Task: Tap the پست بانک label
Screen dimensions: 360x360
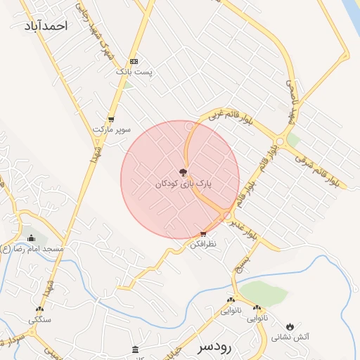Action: (x=134, y=72)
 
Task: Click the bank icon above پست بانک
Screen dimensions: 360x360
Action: (x=134, y=61)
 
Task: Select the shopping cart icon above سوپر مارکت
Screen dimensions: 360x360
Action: (x=111, y=119)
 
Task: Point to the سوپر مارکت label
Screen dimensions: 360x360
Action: (x=112, y=129)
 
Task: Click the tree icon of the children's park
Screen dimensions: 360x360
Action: (x=183, y=172)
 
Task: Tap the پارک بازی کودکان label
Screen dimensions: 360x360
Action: (x=184, y=184)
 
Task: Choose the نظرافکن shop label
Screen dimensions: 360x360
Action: (x=204, y=244)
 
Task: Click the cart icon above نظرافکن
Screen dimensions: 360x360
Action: (x=203, y=234)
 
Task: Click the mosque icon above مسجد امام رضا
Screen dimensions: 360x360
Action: (x=30, y=238)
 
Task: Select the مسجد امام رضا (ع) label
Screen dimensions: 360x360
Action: (x=33, y=249)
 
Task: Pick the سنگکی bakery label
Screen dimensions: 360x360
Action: (x=39, y=319)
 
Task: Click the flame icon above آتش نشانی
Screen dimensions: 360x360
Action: (x=290, y=326)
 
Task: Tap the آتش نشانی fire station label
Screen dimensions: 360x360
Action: (x=293, y=337)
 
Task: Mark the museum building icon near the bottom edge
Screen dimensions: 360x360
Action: (x=136, y=350)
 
